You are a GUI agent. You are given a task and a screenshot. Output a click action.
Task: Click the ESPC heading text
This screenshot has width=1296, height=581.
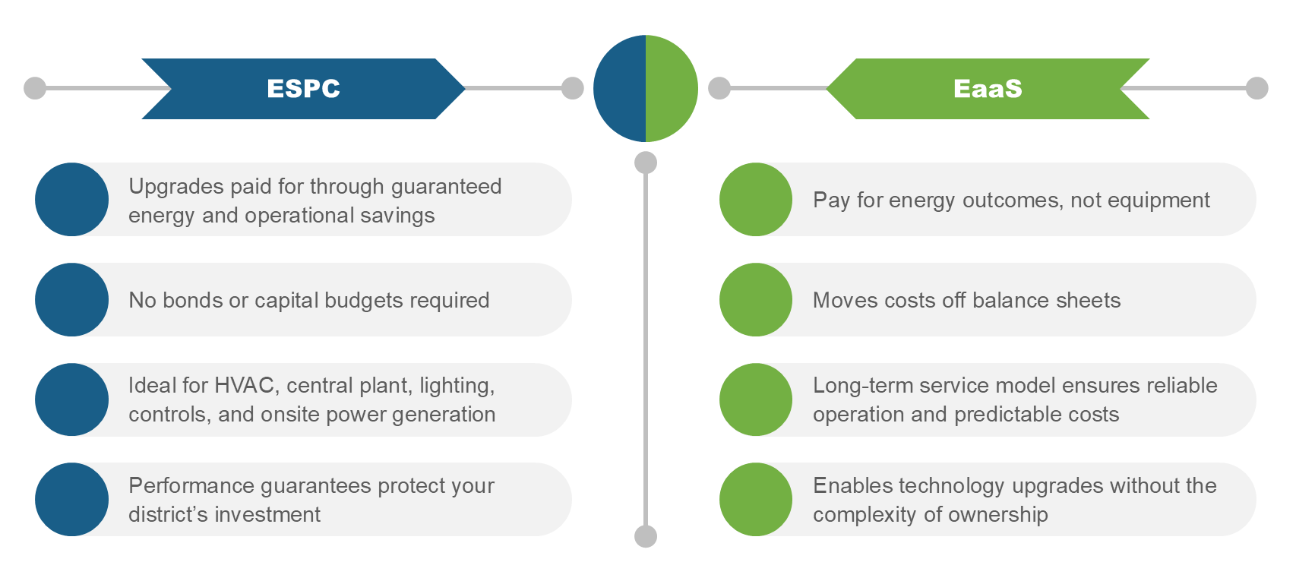click(x=303, y=89)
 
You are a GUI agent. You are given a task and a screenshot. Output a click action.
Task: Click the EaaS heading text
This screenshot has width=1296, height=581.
click(x=988, y=89)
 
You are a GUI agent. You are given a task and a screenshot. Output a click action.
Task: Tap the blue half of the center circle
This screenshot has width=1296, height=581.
click(x=620, y=89)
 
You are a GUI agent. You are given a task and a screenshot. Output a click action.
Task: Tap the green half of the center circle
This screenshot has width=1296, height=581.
click(x=672, y=89)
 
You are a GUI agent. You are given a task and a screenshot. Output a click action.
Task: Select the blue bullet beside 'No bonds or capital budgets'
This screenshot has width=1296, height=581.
click(x=72, y=300)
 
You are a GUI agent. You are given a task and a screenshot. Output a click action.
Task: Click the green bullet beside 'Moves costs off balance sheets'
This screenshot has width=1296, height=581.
click(x=756, y=300)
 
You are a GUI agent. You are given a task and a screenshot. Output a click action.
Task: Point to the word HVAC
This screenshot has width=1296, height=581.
click(x=244, y=386)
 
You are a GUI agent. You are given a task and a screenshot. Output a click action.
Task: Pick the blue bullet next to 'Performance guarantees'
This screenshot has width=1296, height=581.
click(x=72, y=500)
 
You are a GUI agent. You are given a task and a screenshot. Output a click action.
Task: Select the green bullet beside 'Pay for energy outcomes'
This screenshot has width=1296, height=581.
click(x=756, y=200)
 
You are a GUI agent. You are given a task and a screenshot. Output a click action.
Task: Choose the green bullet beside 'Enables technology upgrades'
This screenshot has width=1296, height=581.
click(x=756, y=500)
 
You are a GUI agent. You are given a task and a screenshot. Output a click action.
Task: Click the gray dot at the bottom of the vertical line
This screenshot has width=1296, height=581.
click(x=646, y=536)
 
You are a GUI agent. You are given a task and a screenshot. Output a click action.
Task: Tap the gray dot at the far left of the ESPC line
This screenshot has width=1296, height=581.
click(x=35, y=88)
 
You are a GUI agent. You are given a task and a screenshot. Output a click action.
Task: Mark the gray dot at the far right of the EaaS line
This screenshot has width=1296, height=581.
click(x=1257, y=88)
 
